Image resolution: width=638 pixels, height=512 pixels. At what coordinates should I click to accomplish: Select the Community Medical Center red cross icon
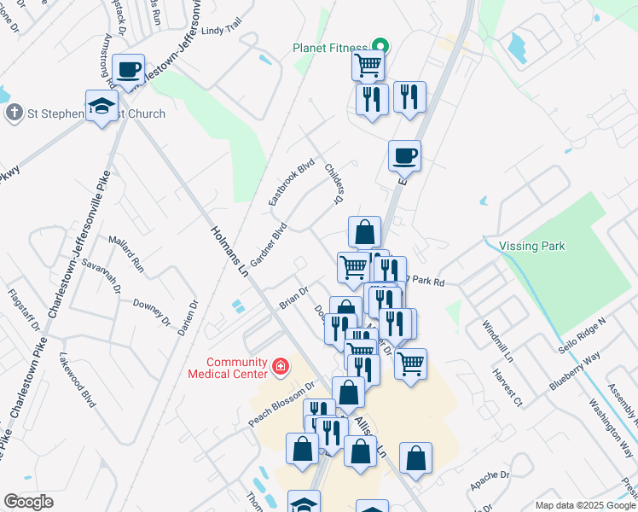click(x=279, y=368)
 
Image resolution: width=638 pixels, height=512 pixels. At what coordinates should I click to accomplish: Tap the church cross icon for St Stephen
click(x=14, y=113)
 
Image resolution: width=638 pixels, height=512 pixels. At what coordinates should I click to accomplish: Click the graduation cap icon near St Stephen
click(x=101, y=107)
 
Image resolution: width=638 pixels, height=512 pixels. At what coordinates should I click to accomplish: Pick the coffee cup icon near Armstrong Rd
click(x=128, y=69)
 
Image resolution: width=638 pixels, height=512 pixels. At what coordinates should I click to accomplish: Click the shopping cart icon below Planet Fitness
click(x=368, y=64)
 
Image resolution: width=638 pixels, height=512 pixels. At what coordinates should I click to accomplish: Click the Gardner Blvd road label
click(x=267, y=244)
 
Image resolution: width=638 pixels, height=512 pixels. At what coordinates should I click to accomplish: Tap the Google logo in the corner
click(x=28, y=502)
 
